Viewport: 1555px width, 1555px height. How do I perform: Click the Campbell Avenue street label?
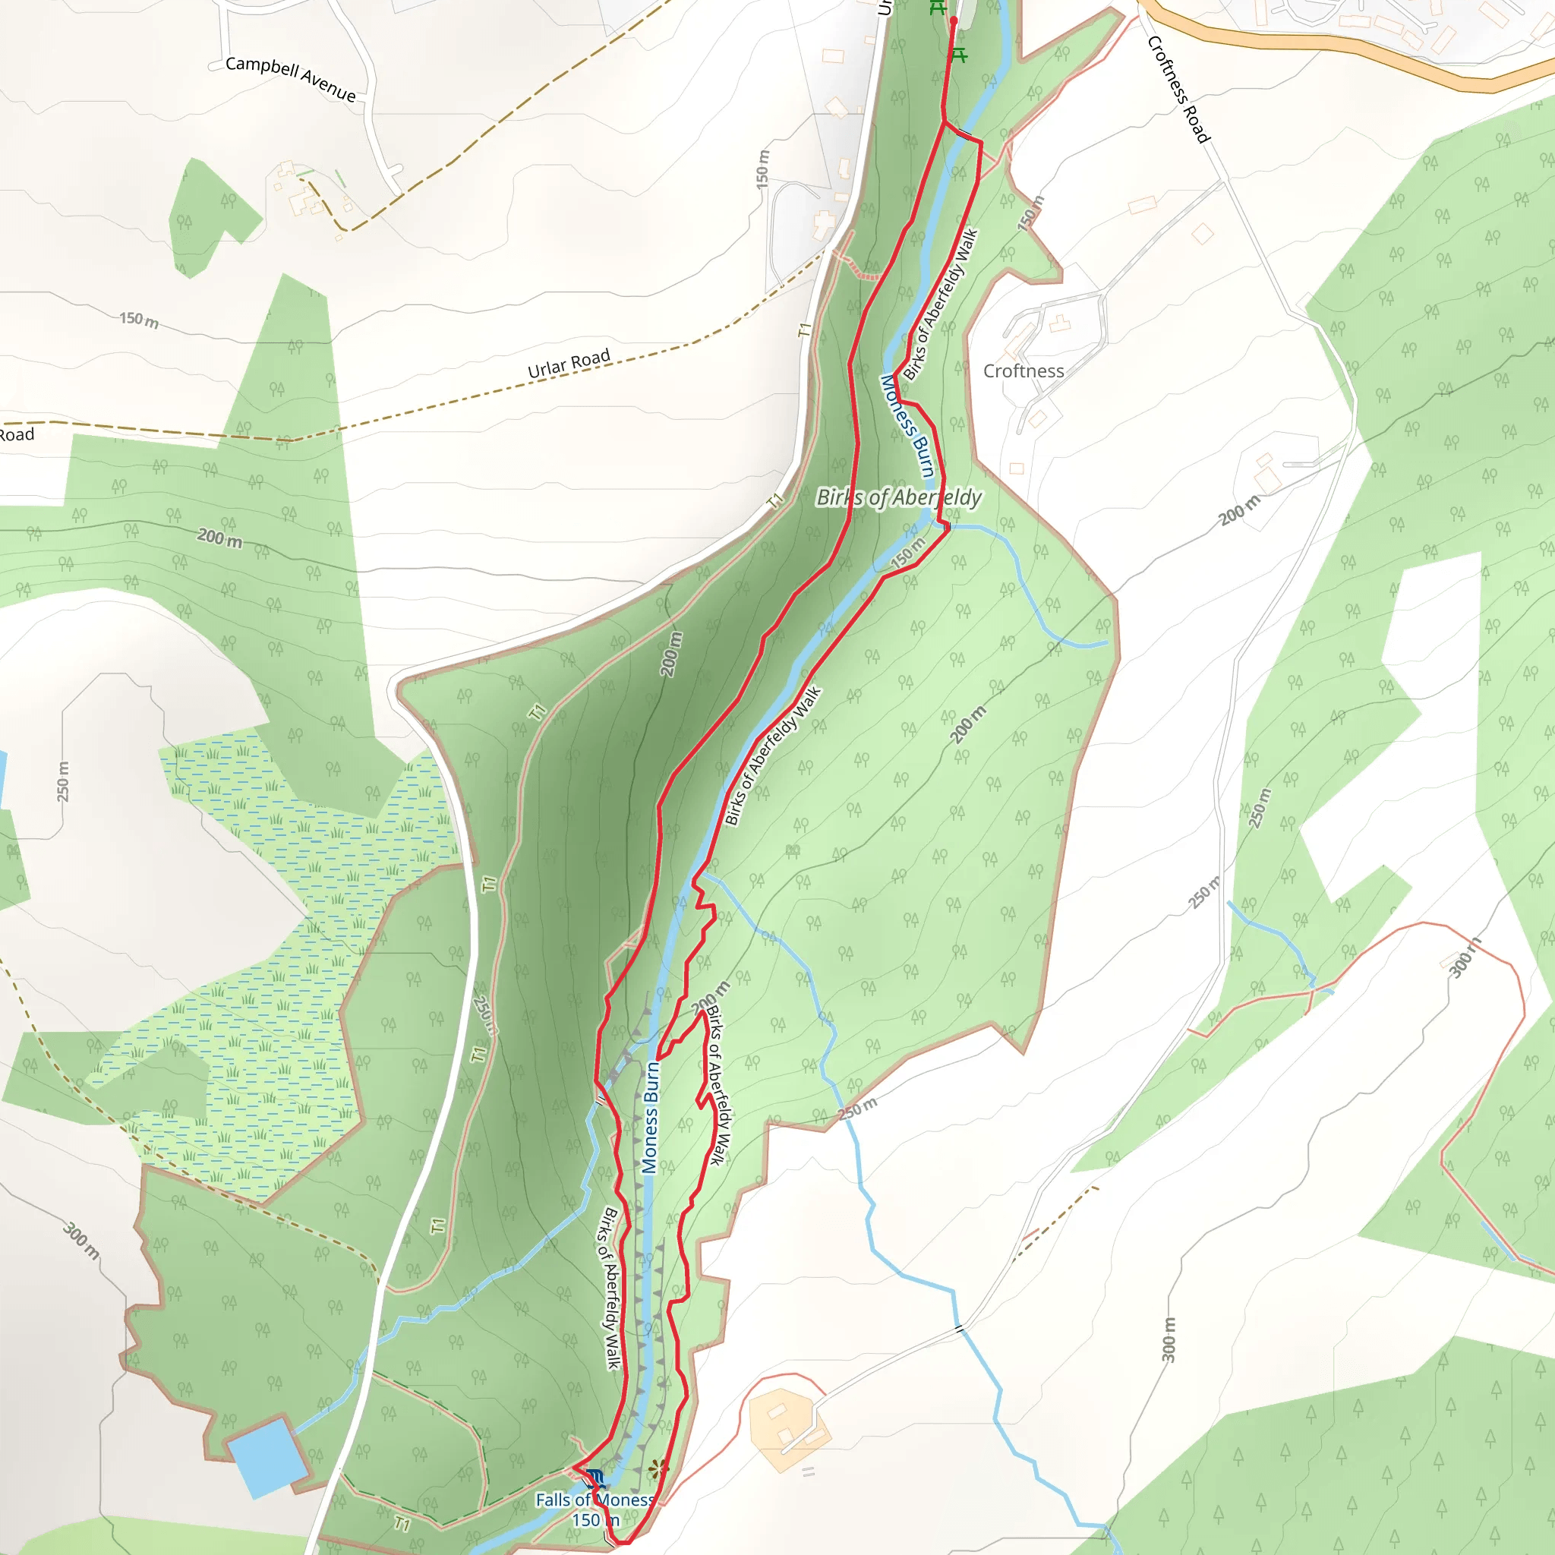point(290,78)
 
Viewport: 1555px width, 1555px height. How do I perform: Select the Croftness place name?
point(1023,371)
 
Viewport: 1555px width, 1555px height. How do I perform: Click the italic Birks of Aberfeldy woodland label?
point(898,497)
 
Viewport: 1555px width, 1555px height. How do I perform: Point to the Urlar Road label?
point(568,364)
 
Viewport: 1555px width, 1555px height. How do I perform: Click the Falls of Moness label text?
point(595,1500)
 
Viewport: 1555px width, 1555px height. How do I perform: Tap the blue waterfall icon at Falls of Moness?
point(595,1477)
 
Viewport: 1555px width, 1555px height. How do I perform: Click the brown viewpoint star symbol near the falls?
point(658,1469)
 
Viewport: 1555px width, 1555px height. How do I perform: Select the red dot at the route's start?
point(953,21)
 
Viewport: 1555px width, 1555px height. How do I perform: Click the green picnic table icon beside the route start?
point(957,55)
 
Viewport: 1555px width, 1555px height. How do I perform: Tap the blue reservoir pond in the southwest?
point(267,1458)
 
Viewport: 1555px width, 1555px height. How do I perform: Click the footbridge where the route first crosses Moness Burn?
point(964,134)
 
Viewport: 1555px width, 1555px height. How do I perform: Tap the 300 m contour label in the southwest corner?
point(81,1241)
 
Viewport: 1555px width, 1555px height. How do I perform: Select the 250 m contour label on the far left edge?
point(63,781)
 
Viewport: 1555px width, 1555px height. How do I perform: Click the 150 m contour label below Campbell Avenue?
point(138,320)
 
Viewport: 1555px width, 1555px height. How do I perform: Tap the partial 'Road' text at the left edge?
point(16,435)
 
